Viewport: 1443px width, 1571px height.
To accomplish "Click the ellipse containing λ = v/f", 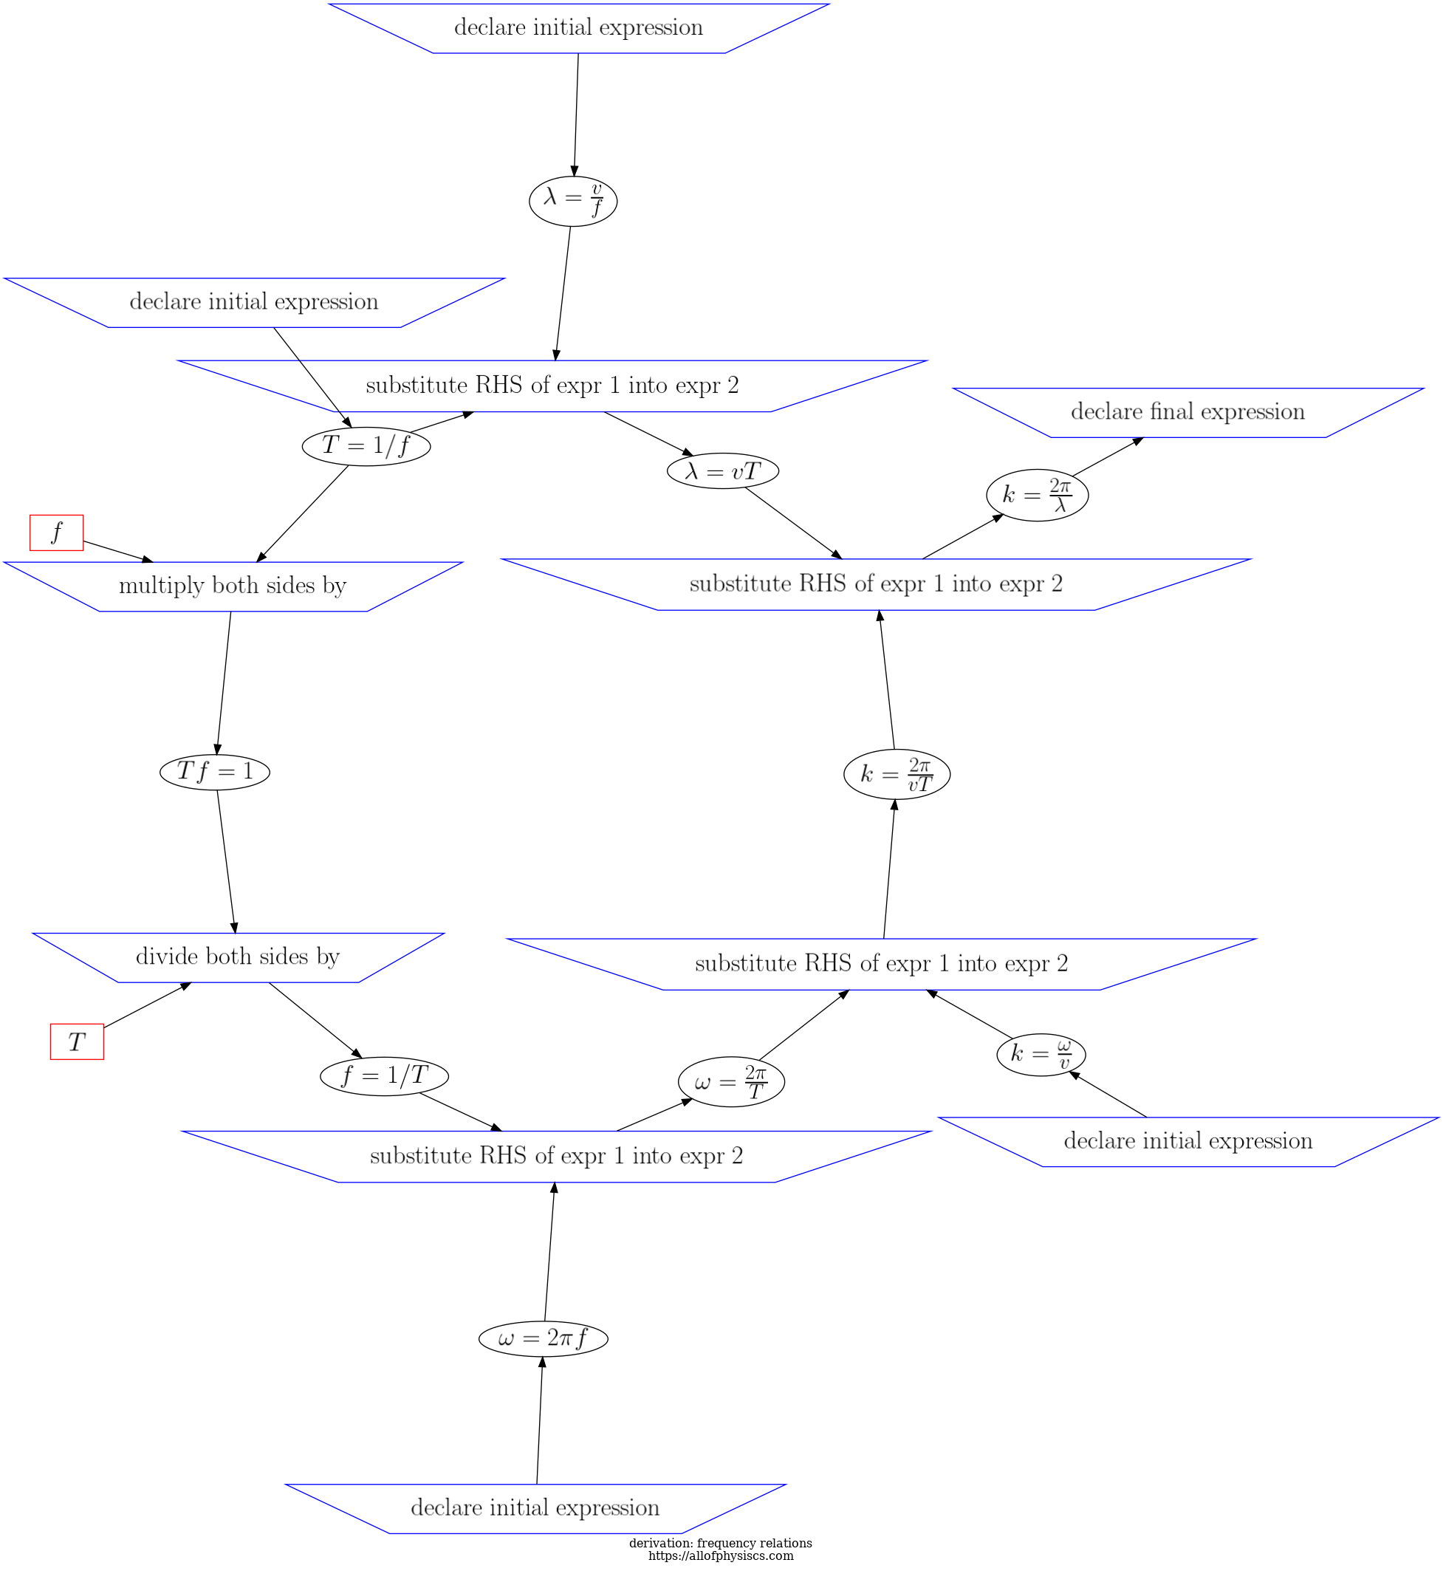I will click(x=572, y=202).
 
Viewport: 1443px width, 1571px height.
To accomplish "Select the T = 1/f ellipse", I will click(x=366, y=447).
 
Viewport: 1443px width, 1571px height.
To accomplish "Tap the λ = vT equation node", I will click(x=722, y=470).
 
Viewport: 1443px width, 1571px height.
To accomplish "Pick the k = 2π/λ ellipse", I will click(x=1036, y=495).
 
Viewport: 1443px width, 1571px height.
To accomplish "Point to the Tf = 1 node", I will click(x=215, y=773).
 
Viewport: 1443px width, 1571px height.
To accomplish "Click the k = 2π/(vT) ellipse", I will click(x=897, y=775).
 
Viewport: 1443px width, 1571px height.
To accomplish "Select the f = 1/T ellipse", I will click(x=384, y=1077).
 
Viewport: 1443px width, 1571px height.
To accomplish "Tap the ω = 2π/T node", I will click(x=731, y=1083).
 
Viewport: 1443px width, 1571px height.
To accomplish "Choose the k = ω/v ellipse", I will click(x=1040, y=1055).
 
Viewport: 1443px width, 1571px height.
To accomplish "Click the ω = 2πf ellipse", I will click(x=543, y=1339).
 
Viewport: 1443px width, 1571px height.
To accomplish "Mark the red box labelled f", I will click(x=56, y=533).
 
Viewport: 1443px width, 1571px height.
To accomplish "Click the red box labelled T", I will click(x=77, y=1042).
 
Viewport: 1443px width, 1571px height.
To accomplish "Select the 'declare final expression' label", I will click(x=1187, y=412).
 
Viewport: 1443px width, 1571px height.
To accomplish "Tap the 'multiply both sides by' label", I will click(x=233, y=586).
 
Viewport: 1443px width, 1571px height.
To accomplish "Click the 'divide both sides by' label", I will click(x=237, y=957).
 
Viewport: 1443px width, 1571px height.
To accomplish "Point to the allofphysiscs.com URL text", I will click(x=720, y=1556).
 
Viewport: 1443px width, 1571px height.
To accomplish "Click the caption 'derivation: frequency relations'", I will click(x=720, y=1544).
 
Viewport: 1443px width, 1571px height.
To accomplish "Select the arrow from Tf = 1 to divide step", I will click(x=226, y=861).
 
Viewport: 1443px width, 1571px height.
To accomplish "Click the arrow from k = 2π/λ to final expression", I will click(x=1107, y=456).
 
